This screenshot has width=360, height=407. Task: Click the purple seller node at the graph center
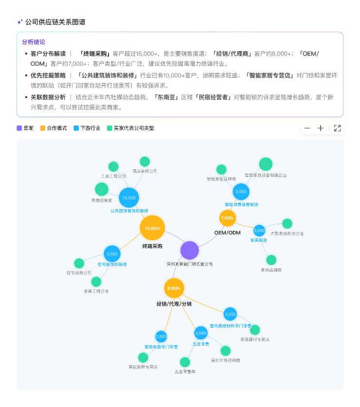190,250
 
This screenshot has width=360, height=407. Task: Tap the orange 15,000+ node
153,229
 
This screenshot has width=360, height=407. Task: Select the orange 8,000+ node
174,288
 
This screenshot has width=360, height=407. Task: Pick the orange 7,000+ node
228,218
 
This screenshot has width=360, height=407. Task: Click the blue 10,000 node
129,198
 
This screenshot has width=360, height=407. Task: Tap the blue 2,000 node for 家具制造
259,230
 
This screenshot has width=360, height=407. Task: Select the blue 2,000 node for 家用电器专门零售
161,336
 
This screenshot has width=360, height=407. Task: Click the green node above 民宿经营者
102,189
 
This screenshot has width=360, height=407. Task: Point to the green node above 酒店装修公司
144,162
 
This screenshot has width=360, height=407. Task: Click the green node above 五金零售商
185,362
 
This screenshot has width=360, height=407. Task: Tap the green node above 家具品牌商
271,260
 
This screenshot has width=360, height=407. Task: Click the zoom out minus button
307,128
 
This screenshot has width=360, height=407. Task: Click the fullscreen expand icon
337,128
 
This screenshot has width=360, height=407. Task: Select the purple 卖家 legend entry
26,128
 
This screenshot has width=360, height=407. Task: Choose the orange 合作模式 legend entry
54,128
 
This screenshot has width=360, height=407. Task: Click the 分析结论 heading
34,42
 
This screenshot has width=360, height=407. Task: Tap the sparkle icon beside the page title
20,22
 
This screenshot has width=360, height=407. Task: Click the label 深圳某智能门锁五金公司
189,264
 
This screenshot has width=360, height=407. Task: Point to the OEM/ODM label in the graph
228,232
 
